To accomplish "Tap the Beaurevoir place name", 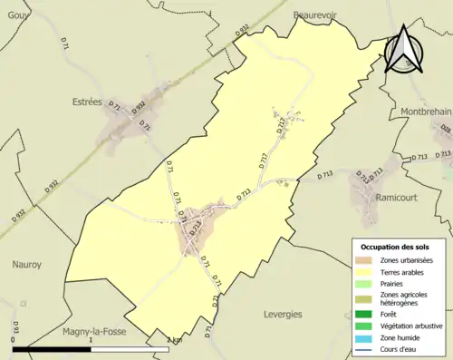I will click(322, 15).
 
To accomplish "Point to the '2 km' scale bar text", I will click(175, 340).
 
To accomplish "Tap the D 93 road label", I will click(16, 326).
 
